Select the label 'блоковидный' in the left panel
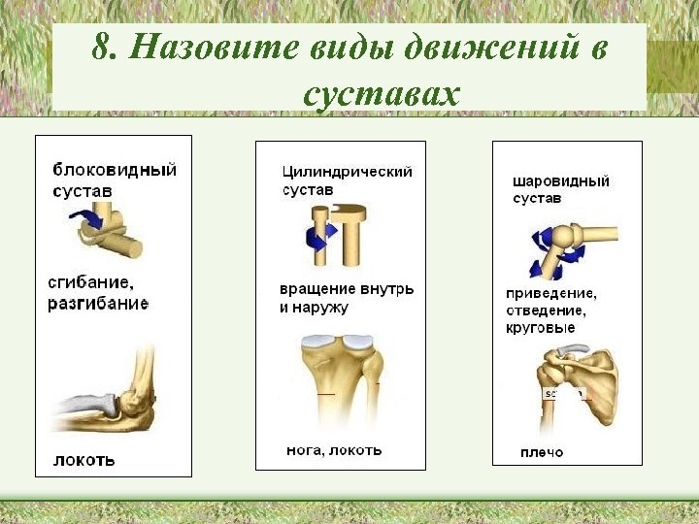click(x=115, y=170)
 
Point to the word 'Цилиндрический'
click(x=347, y=172)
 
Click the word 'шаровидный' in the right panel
click(x=561, y=180)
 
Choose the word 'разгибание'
click(x=98, y=304)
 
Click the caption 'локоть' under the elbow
click(x=83, y=460)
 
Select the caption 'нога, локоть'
click(x=334, y=450)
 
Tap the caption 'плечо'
click(x=542, y=452)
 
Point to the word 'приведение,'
click(x=551, y=293)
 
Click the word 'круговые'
click(x=541, y=328)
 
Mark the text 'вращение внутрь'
click(x=347, y=289)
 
